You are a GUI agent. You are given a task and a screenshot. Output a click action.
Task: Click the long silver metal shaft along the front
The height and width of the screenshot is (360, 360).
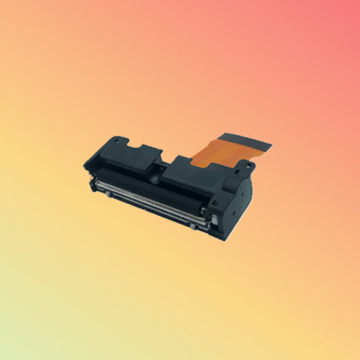[155, 197]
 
